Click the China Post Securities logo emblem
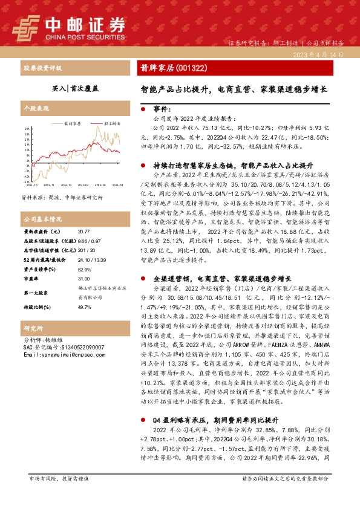coord(25,26)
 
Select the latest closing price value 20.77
coord(84,232)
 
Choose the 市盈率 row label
coord(32,279)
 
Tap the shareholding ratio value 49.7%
coord(84,308)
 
